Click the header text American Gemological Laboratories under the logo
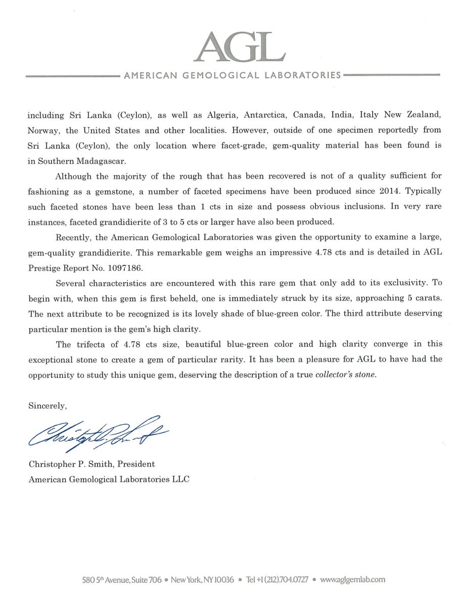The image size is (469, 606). [232, 76]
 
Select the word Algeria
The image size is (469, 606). [227, 115]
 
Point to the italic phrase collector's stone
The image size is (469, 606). [346, 375]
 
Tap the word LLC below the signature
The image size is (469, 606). [180, 479]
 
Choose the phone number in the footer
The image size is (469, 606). [286, 580]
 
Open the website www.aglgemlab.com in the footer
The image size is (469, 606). [353, 580]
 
